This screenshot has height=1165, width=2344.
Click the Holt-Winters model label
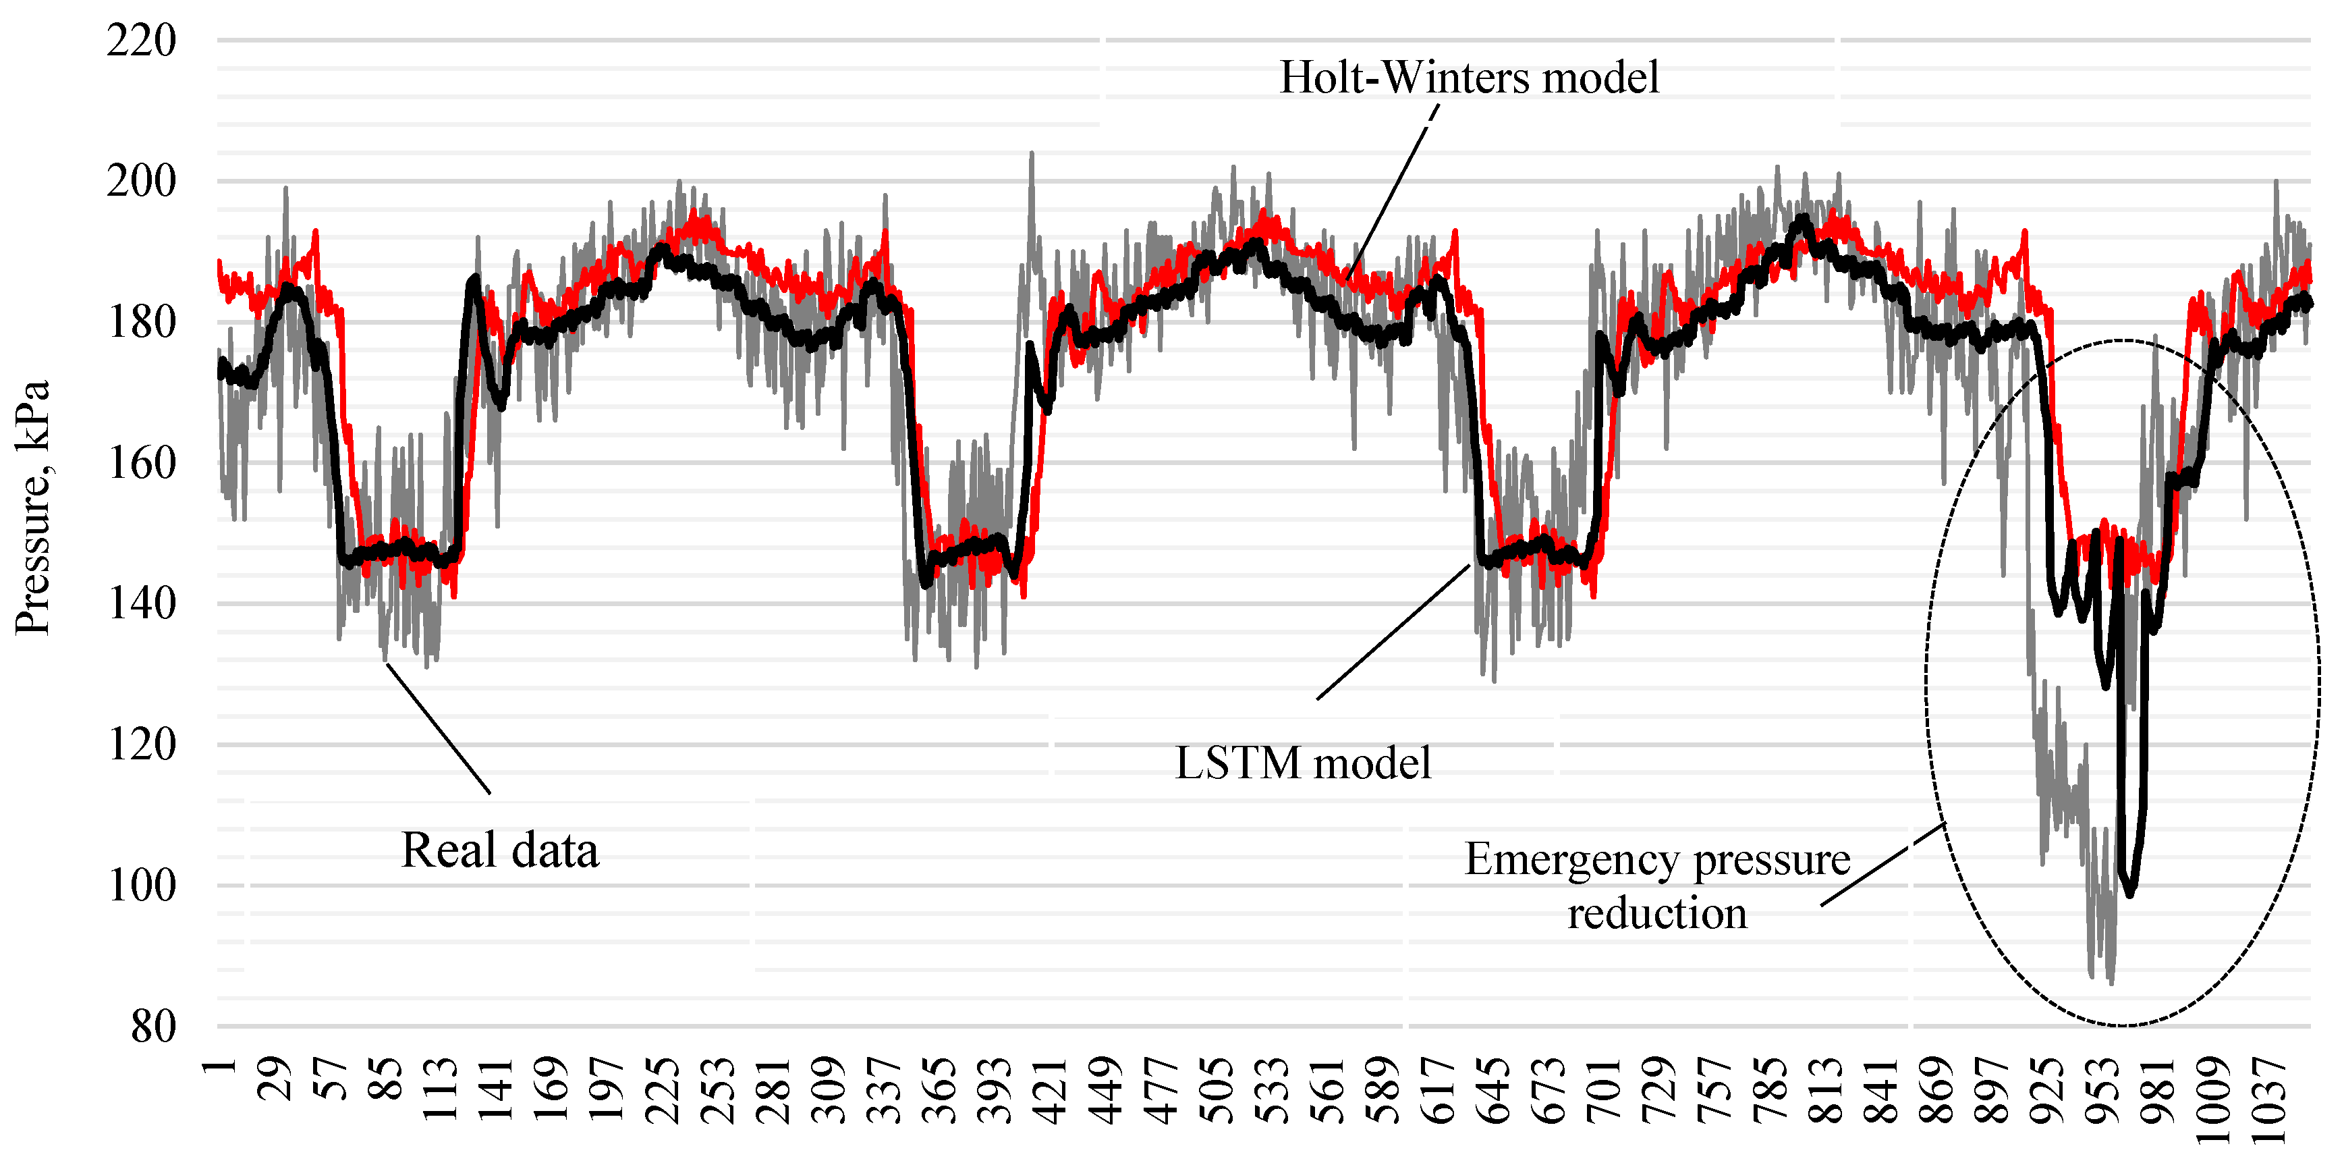1469,78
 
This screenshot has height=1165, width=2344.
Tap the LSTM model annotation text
1303,763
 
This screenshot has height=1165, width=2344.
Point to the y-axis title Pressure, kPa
33,507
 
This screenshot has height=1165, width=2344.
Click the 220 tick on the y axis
141,41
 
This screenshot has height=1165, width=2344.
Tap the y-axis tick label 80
153,1027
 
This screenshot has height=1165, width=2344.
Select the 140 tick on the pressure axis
141,603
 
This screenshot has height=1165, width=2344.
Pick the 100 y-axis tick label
141,886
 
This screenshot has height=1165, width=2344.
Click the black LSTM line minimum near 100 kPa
2130,894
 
